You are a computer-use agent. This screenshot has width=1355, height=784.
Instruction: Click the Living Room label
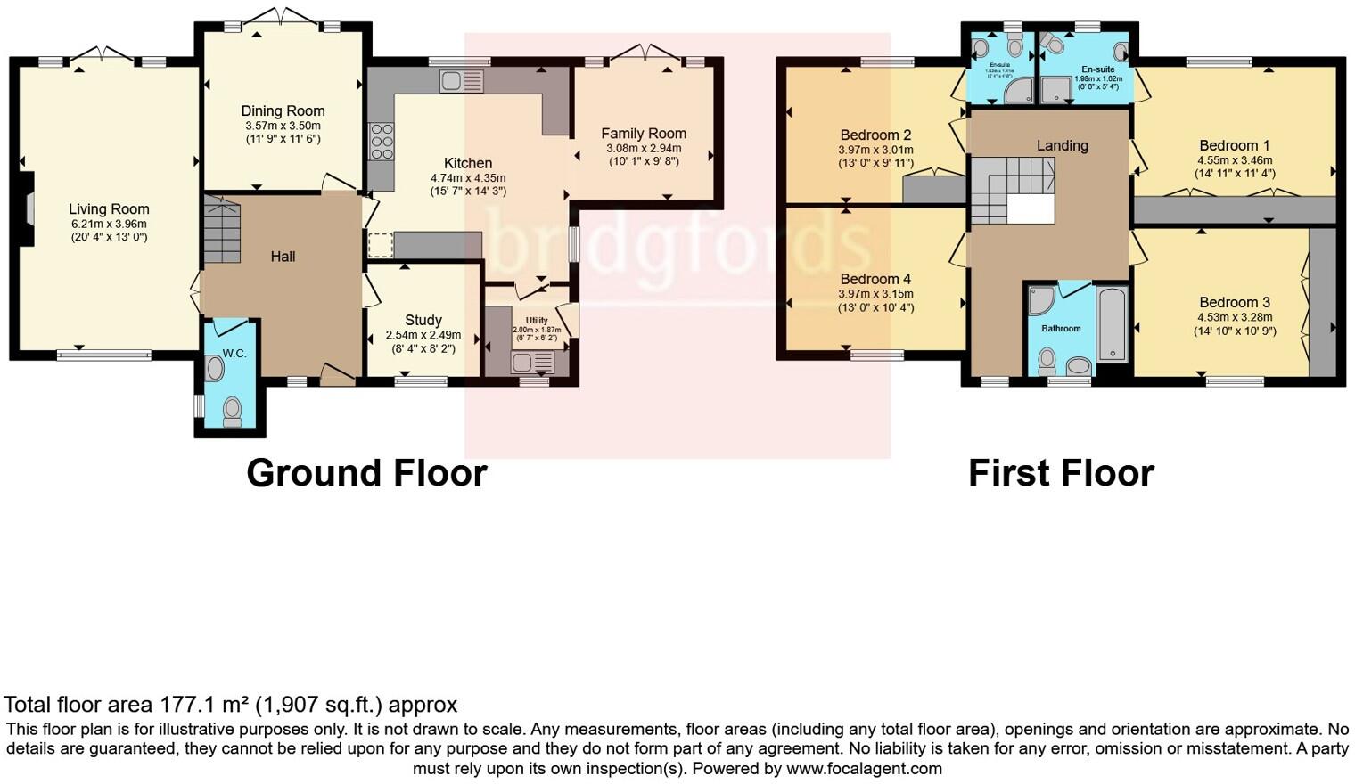[109, 209]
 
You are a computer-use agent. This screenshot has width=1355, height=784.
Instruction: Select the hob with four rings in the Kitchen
[382, 142]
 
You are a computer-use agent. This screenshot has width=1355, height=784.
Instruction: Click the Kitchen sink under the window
[461, 81]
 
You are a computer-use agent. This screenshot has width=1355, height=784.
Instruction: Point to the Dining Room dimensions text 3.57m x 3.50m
[283, 126]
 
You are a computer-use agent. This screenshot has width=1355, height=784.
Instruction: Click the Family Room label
[643, 134]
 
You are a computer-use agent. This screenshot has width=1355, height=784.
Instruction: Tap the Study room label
[423, 320]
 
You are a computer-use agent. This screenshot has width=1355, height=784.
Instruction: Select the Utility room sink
[532, 362]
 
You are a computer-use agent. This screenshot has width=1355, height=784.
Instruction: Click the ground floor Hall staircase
[222, 231]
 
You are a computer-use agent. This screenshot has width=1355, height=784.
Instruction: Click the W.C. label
[234, 354]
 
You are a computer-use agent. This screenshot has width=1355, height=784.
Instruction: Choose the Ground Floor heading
[366, 473]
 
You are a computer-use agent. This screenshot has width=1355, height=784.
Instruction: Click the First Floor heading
[1061, 473]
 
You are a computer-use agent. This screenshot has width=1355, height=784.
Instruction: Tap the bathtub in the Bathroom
[1112, 323]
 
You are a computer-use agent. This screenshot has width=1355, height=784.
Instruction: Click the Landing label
[1062, 145]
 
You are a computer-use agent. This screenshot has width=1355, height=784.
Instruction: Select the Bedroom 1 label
[1234, 145]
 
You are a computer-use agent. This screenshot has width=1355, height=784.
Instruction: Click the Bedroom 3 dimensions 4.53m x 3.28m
[1235, 317]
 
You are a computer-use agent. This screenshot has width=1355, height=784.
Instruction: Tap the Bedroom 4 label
[875, 279]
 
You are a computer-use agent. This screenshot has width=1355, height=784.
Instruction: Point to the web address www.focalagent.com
[863, 768]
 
